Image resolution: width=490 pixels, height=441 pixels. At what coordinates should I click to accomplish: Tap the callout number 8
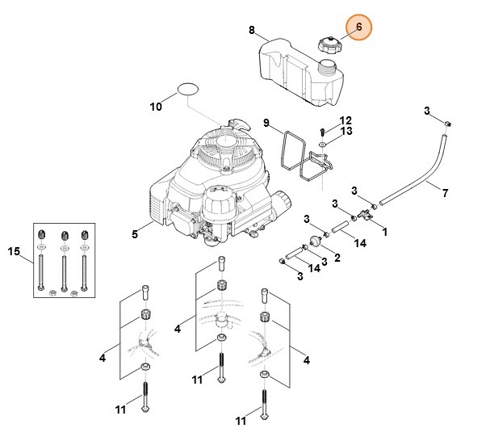tap(252, 31)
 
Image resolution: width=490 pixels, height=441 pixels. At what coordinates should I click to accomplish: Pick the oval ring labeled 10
tap(188, 87)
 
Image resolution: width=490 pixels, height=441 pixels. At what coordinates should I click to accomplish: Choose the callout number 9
tap(266, 123)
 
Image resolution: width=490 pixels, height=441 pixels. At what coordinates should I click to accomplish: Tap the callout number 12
tap(346, 120)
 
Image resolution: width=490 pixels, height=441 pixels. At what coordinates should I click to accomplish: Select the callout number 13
tap(346, 131)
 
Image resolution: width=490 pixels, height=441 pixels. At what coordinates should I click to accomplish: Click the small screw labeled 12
tap(323, 130)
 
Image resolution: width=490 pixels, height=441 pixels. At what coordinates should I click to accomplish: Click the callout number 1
tap(384, 231)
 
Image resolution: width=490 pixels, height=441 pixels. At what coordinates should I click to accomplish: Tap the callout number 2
tap(336, 257)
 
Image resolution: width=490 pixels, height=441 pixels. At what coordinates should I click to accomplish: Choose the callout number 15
tap(13, 252)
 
